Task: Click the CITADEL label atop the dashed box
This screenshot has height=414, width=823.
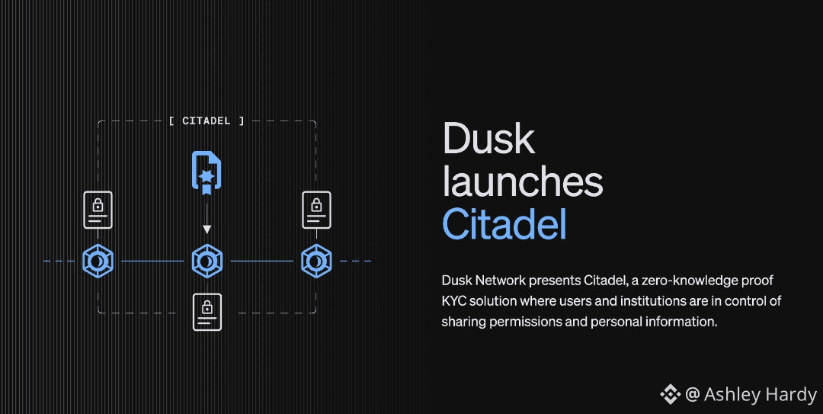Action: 207,120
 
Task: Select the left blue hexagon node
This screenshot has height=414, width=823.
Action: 98,262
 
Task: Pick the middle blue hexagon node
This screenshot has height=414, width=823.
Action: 207,262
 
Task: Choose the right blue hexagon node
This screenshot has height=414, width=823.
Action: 315,262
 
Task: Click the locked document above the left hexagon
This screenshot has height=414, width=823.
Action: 98,210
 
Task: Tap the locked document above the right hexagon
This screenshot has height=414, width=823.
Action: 315,210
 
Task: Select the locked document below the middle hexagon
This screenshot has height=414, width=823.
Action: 207,312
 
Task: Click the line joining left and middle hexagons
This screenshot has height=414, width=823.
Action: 152,262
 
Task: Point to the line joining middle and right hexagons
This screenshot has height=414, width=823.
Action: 261,262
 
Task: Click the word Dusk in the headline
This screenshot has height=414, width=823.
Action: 488,139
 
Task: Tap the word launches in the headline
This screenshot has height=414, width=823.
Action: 523,182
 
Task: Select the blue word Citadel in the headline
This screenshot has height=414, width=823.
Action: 504,224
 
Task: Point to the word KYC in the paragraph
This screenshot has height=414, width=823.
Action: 455,301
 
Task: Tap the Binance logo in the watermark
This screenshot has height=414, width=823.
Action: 669,394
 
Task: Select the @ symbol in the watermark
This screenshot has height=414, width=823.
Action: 692,394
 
